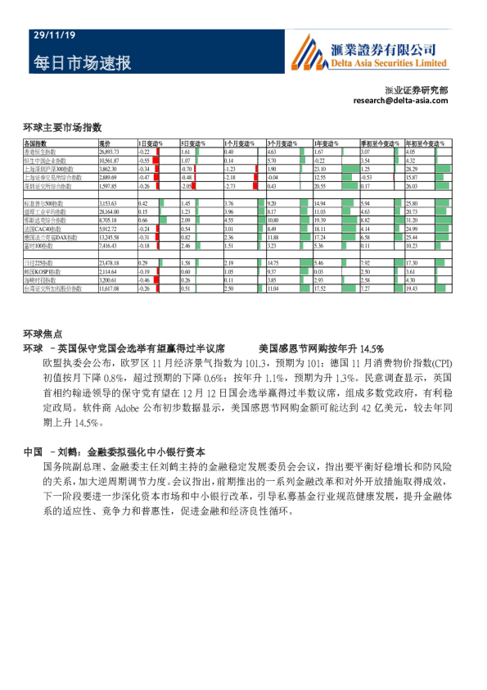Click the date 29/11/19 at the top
pyautogui.click(x=47, y=37)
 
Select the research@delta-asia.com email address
pyautogui.click(x=401, y=100)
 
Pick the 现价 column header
pyautogui.click(x=105, y=144)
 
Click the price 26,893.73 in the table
pyautogui.click(x=110, y=152)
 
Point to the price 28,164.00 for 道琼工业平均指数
pyautogui.click(x=110, y=211)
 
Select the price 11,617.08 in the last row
pyautogui.click(x=110, y=288)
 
